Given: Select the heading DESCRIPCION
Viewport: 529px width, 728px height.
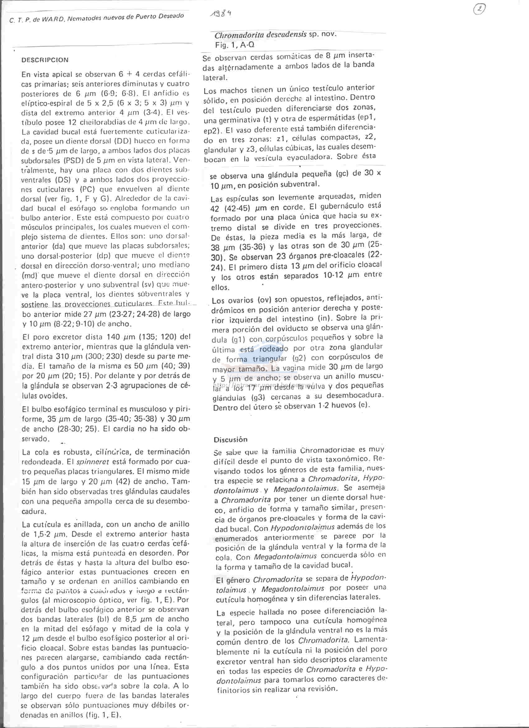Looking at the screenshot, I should (45, 60).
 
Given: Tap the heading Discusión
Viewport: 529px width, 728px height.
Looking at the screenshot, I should (231, 439).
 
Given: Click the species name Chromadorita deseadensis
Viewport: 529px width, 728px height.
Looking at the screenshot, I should (260, 35).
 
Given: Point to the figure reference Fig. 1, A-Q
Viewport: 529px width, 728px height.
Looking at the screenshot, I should (235, 45).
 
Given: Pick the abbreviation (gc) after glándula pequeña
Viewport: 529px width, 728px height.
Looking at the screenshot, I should (343, 174).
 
